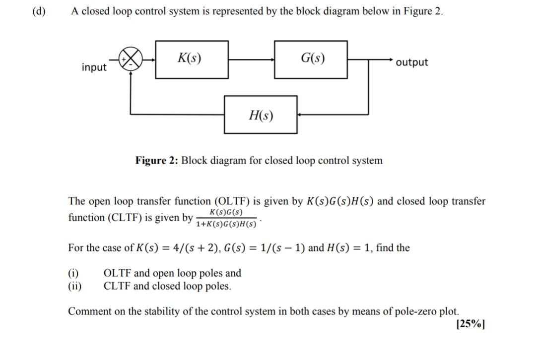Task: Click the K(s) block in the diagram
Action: coord(192,60)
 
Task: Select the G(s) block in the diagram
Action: coord(311,60)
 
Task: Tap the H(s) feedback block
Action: coord(261,115)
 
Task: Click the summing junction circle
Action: coord(130,60)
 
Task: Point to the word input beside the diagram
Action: coord(94,67)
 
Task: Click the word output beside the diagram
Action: coord(412,62)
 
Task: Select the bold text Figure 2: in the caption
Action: coord(157,161)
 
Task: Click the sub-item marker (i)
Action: coord(73,273)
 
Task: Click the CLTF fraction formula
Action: coord(226,218)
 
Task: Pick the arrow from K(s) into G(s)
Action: coord(251,60)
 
